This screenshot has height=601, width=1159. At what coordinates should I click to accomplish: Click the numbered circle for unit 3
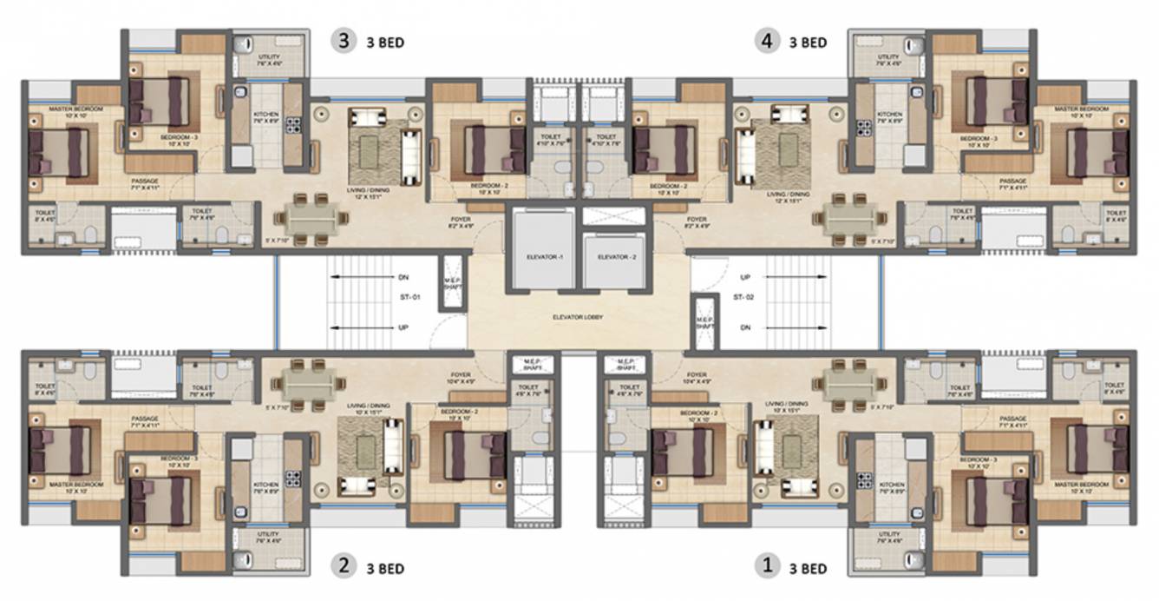click(x=345, y=42)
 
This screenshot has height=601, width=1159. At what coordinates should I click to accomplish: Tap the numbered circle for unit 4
click(x=766, y=42)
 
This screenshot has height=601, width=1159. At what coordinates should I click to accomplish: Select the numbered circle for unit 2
click(x=344, y=567)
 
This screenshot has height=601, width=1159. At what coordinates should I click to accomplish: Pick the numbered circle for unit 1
click(x=766, y=567)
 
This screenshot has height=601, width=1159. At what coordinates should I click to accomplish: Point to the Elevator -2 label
click(x=612, y=258)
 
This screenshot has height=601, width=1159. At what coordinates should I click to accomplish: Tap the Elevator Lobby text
click(x=577, y=317)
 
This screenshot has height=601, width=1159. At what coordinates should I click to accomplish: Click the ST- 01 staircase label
click(x=409, y=298)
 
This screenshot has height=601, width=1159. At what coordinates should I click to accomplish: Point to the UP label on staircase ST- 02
click(x=745, y=277)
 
